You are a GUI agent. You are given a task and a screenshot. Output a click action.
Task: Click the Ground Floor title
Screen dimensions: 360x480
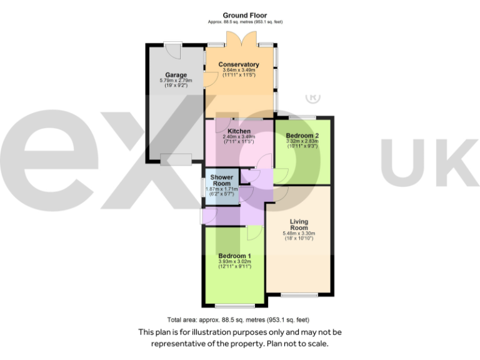pos(244,15)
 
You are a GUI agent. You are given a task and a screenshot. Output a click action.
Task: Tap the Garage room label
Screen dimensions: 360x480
pos(176,75)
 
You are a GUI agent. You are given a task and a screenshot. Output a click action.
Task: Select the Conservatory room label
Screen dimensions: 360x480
pos(238,64)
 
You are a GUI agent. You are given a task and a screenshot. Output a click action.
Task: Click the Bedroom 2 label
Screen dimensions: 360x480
pos(302,136)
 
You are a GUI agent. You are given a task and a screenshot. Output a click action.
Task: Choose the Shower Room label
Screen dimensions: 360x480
pos(221,181)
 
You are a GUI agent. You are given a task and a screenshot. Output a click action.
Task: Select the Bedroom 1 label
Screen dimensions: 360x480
pos(234,256)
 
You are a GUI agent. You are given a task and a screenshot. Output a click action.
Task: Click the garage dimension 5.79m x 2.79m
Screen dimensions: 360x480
pos(176,81)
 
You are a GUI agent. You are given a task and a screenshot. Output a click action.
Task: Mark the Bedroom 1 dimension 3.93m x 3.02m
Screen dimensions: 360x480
pos(234,261)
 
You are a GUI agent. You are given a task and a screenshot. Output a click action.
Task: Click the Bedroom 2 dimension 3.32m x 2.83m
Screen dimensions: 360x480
pos(302,141)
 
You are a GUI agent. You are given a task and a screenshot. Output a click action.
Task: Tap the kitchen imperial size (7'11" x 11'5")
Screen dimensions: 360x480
pos(239,142)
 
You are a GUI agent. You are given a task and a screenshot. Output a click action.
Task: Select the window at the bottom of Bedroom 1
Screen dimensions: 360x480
pos(234,306)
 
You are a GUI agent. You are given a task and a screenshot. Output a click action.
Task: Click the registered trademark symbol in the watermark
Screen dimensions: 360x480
pos(312,98)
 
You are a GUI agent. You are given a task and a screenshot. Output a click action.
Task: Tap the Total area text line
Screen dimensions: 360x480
pos(238,319)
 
